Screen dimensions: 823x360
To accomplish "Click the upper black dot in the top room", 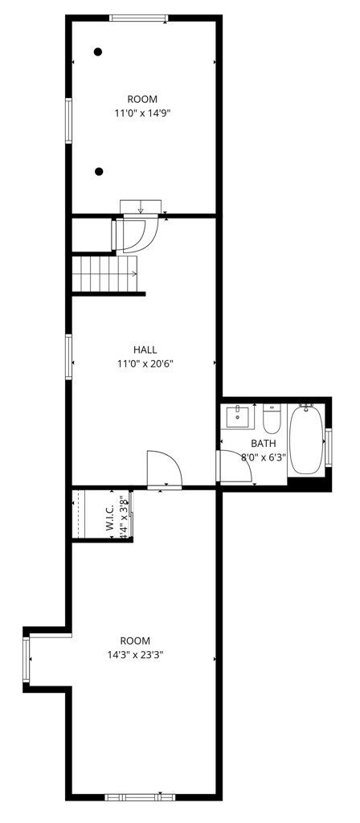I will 98,52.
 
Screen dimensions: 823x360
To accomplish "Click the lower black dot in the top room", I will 99,171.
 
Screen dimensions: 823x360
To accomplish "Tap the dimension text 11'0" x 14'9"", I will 142,114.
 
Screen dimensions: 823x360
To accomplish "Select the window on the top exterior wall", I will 139,18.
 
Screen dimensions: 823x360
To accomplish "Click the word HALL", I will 145,350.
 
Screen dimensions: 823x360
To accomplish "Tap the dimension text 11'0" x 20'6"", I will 145,363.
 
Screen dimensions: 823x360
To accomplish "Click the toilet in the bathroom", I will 272,418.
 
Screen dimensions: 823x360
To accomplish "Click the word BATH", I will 263,444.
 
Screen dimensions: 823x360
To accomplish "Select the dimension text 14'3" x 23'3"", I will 136,654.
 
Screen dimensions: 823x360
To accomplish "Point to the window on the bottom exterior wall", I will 140,796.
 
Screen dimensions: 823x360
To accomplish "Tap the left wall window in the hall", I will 69,358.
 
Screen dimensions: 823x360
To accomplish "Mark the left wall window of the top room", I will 69,121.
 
